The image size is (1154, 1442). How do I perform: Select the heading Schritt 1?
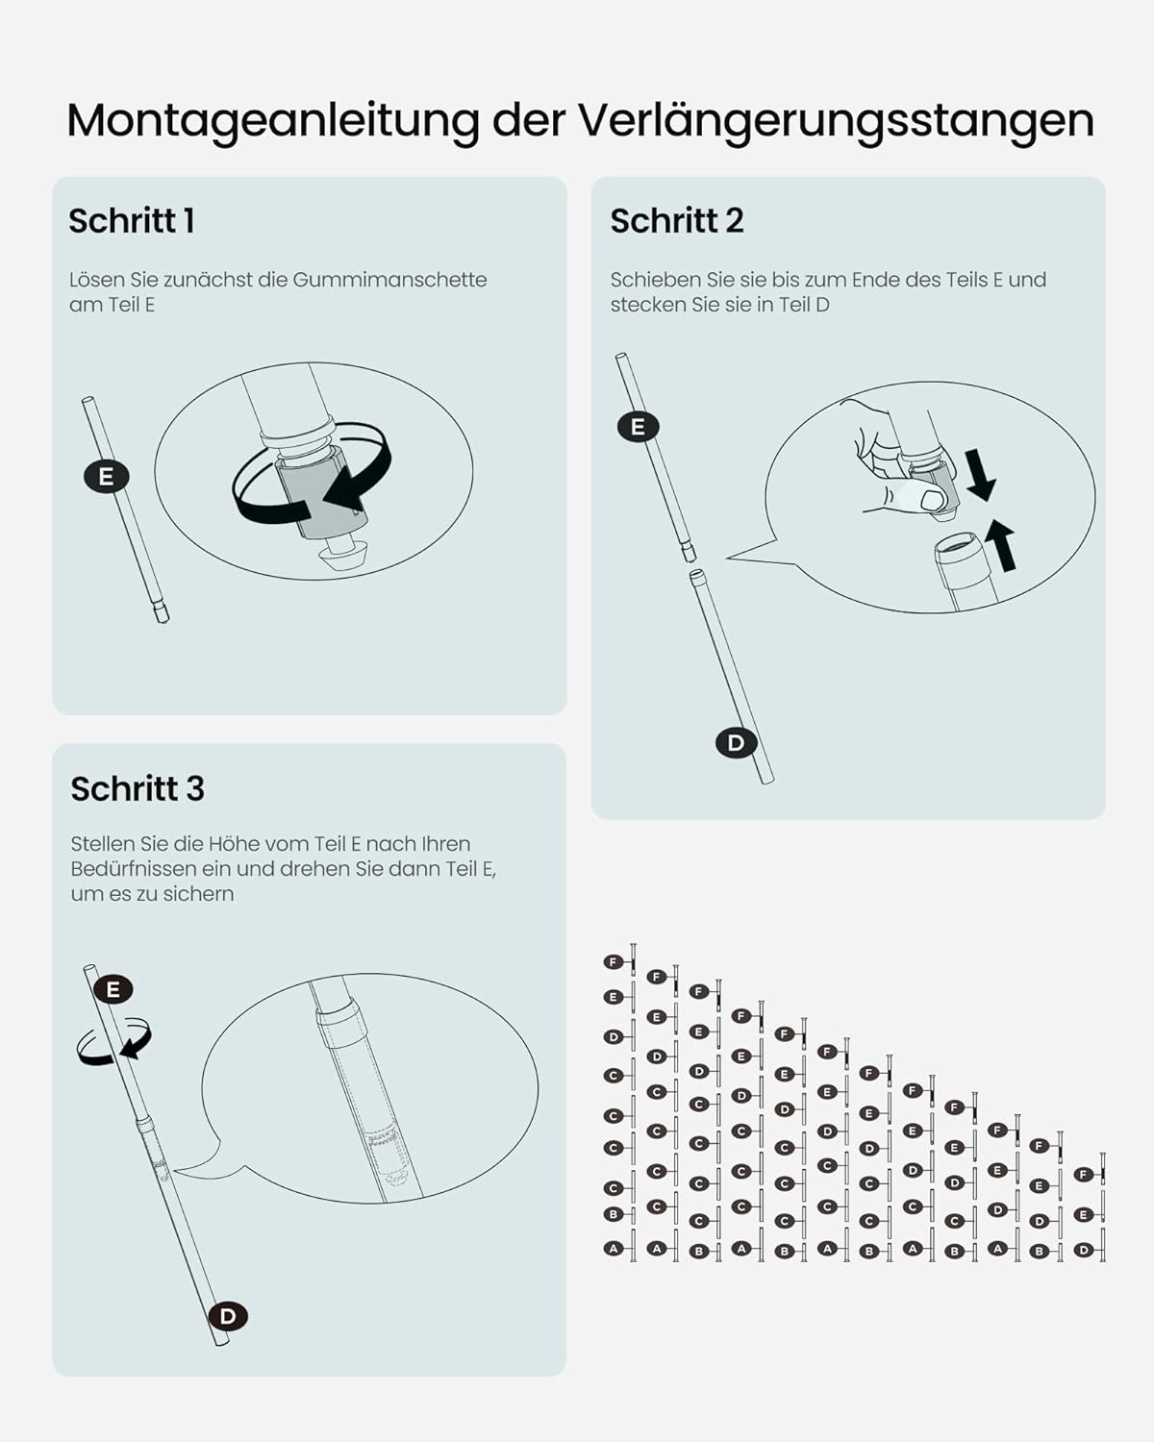click(132, 220)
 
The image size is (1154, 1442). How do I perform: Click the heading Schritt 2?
click(677, 220)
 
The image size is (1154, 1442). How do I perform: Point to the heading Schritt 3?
click(138, 788)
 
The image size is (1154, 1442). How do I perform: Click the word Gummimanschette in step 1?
click(389, 280)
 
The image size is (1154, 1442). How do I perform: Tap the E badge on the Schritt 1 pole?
click(106, 477)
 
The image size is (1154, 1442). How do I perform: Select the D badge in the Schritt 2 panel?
click(737, 742)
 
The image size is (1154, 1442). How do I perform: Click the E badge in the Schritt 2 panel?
click(638, 427)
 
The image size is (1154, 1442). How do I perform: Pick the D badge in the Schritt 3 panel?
click(228, 1316)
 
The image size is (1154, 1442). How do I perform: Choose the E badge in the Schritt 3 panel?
click(113, 989)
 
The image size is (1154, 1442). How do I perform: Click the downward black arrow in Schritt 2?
click(980, 475)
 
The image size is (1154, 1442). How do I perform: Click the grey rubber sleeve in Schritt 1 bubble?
click(322, 491)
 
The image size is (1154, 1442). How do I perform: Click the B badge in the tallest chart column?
click(613, 1214)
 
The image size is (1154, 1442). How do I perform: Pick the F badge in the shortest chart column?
click(1084, 1174)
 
